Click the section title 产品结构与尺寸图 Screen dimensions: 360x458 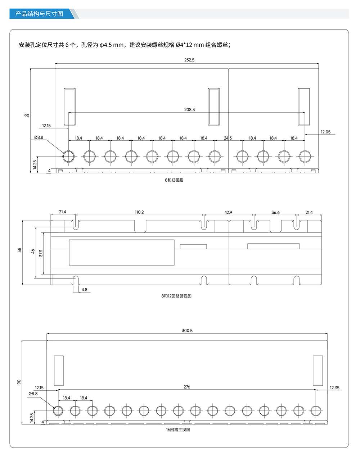(x=39, y=14)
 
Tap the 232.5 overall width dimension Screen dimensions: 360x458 (x=189, y=60)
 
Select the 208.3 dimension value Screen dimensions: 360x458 (x=189, y=110)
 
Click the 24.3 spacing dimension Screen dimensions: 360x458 (x=228, y=138)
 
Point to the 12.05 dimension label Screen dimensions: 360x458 (x=326, y=132)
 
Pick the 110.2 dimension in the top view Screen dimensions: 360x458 (x=139, y=212)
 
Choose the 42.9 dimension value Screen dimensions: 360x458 (x=228, y=212)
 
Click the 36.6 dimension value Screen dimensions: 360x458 (x=275, y=213)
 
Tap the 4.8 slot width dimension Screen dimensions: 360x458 (x=84, y=290)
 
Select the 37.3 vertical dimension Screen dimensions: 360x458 (x=41, y=253)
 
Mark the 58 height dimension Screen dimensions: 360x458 (x=19, y=250)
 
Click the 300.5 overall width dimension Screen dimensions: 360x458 (x=187, y=331)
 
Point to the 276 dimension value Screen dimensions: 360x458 (x=187, y=387)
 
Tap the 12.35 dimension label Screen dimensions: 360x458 (x=334, y=387)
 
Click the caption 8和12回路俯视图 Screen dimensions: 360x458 (x=176, y=296)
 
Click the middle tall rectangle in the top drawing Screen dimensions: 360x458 (x=213, y=106)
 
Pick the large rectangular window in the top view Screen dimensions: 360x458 (x=122, y=252)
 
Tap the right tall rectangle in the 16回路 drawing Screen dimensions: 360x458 (x=318, y=371)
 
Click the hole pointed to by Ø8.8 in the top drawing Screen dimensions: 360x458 (x=68, y=157)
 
